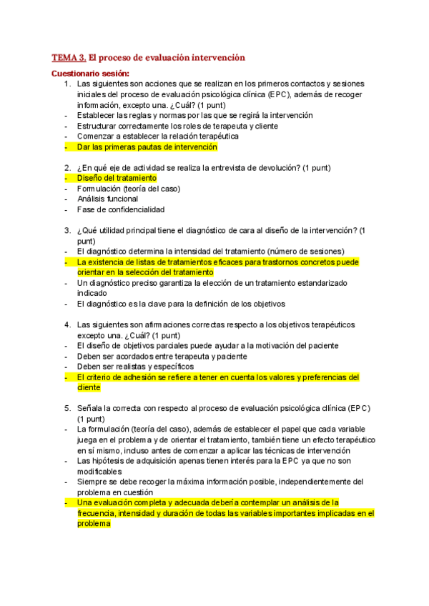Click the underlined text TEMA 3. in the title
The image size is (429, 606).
click(x=69, y=57)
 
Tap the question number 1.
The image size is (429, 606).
click(x=66, y=84)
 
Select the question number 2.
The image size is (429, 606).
click(x=66, y=168)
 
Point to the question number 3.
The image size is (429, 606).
click(x=66, y=230)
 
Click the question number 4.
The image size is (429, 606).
click(x=66, y=324)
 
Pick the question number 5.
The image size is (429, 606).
click(x=66, y=408)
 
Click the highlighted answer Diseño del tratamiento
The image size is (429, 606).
click(x=117, y=178)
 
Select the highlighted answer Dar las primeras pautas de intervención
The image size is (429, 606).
click(x=147, y=146)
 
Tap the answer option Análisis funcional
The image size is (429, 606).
click(x=107, y=199)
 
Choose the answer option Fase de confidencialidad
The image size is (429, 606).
click(x=120, y=209)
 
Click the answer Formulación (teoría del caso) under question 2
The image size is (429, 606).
click(x=129, y=189)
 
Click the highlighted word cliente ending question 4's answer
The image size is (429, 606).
click(x=89, y=387)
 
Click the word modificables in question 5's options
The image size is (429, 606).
click(x=99, y=471)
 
